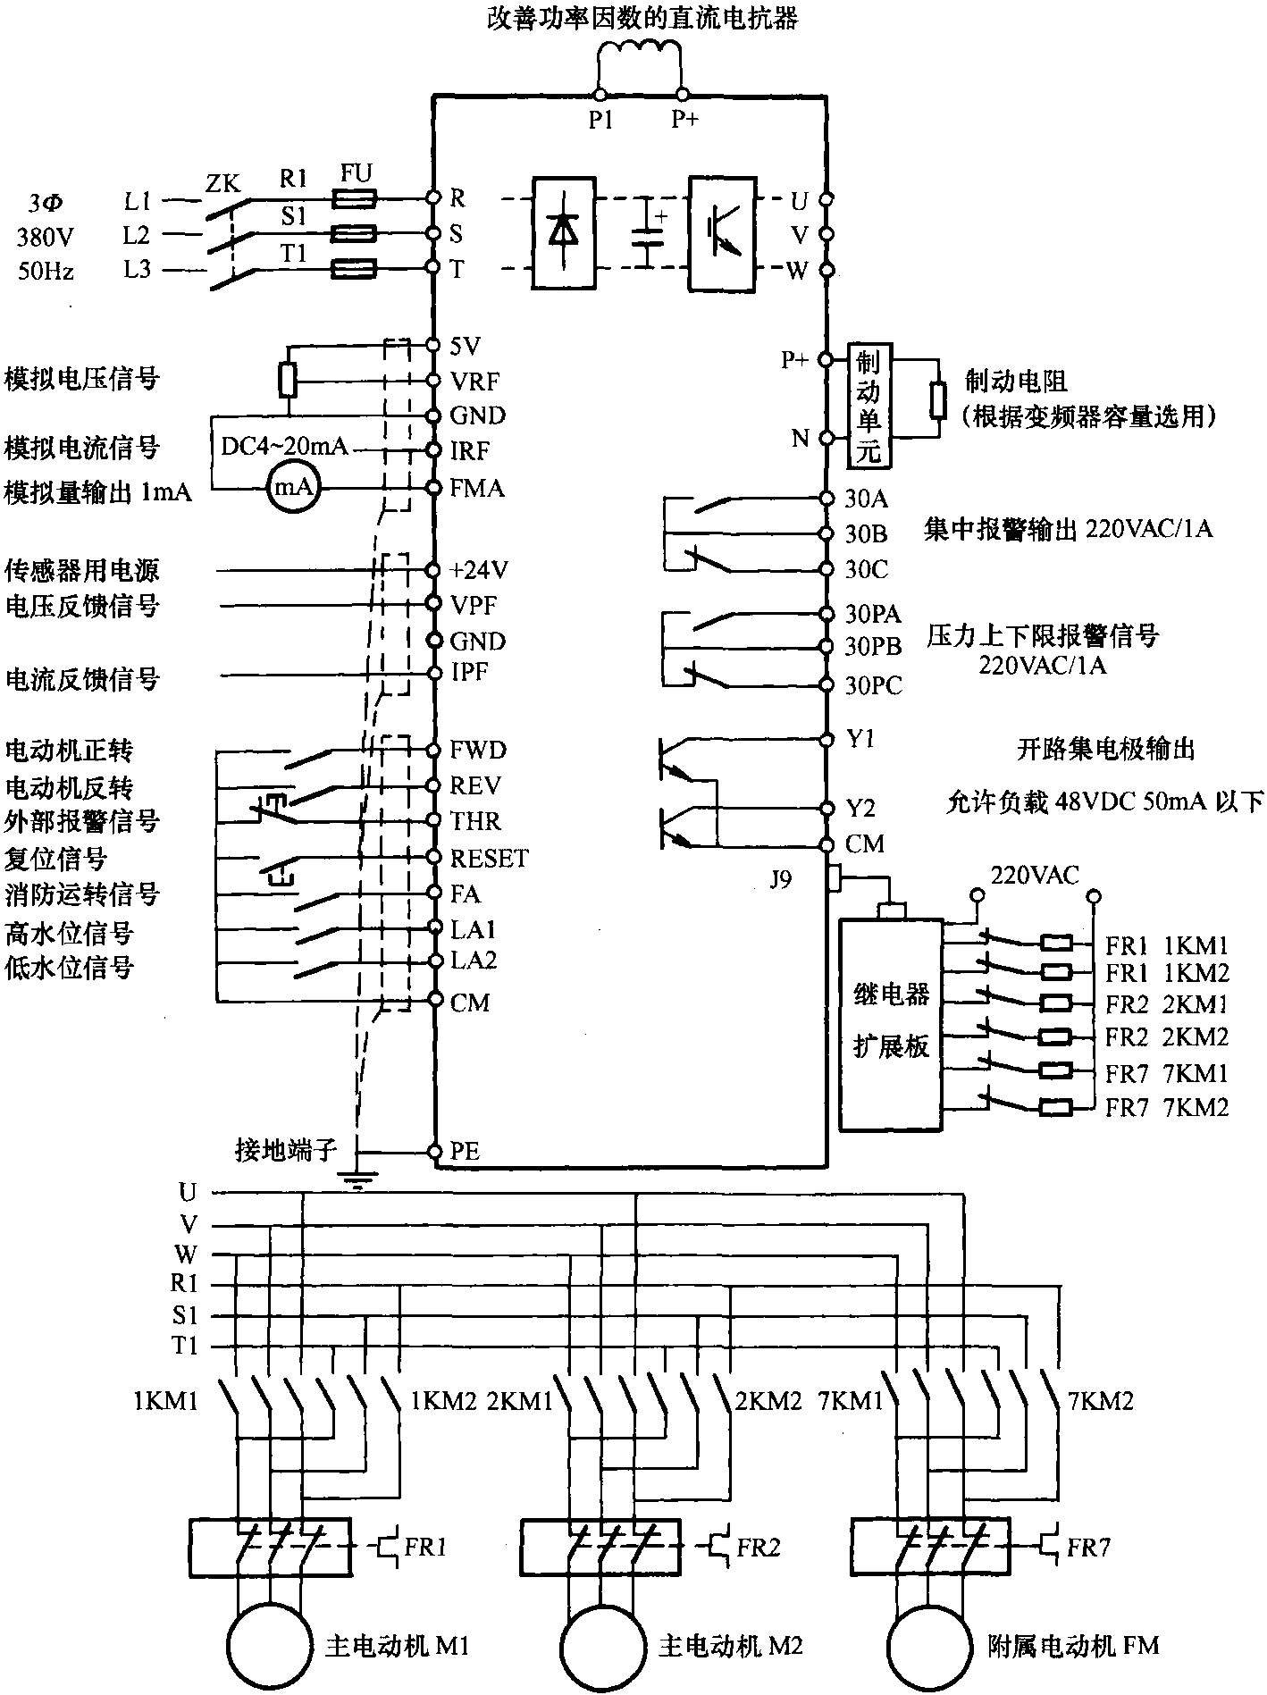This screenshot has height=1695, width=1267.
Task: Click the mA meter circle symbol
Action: tap(293, 488)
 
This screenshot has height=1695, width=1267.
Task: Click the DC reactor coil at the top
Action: tap(641, 55)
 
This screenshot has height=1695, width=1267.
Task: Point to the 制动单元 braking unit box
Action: tap(868, 405)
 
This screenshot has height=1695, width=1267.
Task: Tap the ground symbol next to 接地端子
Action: tap(357, 1181)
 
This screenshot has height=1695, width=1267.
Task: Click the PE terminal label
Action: tap(466, 1152)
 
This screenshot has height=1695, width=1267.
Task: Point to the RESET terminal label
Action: tap(490, 859)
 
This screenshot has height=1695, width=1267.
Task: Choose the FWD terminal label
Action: tap(478, 750)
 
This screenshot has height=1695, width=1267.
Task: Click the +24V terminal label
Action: tap(479, 570)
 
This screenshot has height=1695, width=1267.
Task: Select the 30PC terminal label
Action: tap(874, 686)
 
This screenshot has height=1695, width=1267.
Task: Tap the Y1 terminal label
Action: tap(860, 740)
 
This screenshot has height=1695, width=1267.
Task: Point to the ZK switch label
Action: tap(222, 185)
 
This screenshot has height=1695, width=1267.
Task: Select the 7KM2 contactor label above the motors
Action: tap(1101, 1401)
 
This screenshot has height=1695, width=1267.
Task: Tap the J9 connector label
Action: tap(781, 880)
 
